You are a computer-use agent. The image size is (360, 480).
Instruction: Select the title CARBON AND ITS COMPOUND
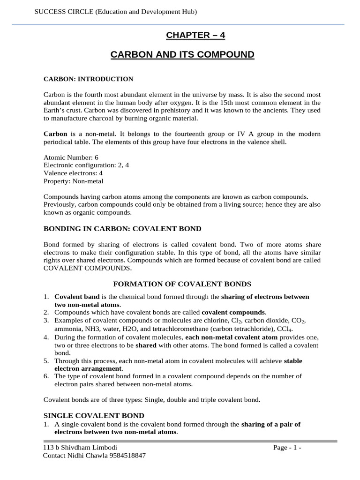pos(182,55)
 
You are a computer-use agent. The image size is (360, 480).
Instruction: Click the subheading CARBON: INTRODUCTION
pos(88,79)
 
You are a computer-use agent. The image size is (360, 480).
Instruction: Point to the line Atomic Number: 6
pos(71,158)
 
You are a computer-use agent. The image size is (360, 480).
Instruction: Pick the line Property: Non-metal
pos(73,181)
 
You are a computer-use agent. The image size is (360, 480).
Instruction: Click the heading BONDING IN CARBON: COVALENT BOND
pos(122,229)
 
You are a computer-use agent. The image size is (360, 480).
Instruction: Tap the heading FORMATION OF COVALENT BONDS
pos(183,284)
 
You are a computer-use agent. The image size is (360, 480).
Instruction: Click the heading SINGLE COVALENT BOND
pos(94,415)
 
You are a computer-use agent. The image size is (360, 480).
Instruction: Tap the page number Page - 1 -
pos(287,447)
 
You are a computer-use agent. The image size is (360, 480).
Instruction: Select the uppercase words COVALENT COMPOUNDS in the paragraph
pos(87,269)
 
